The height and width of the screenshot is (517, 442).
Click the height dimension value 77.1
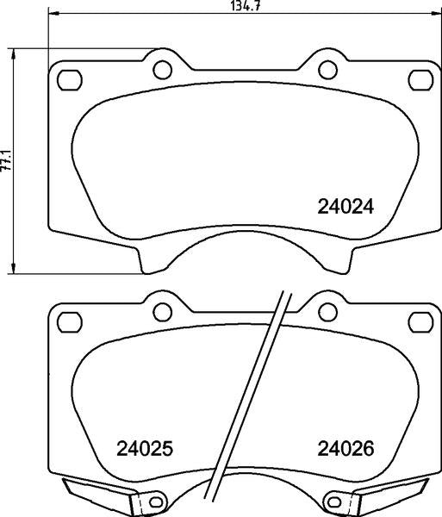coord(6,161)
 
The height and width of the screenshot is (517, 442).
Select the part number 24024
coord(346,207)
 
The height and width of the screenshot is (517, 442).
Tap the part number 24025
coord(145,448)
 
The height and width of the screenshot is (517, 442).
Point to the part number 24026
coord(346,448)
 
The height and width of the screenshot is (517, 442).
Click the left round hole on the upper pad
coord(163,70)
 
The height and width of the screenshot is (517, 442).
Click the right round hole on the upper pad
coord(328,70)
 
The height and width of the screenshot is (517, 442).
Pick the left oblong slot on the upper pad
coord(70,80)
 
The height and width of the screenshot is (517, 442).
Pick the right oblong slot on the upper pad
coord(420,80)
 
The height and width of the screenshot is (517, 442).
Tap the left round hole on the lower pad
coord(163,312)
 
